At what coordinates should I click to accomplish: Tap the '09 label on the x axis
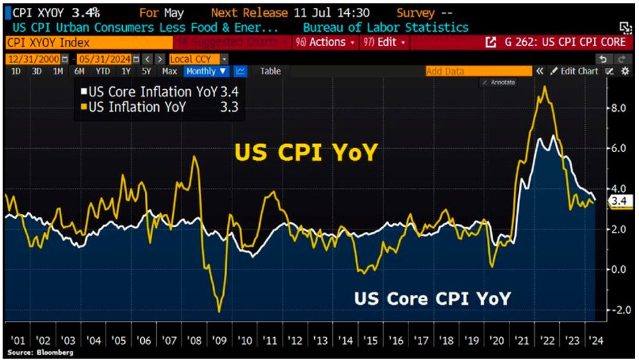click(219, 341)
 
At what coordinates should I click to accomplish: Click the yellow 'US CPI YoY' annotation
click(306, 153)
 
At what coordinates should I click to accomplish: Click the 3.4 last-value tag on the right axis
click(618, 201)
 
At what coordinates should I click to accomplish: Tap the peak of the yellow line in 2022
click(545, 87)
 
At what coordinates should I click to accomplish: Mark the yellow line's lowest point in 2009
click(219, 312)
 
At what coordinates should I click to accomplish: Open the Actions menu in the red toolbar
click(323, 42)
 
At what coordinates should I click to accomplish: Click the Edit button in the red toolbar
click(384, 42)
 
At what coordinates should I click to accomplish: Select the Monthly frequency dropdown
click(206, 71)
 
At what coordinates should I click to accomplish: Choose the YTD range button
click(102, 71)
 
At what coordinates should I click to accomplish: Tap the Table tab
click(270, 71)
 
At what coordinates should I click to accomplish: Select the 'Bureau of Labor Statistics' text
click(385, 27)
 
